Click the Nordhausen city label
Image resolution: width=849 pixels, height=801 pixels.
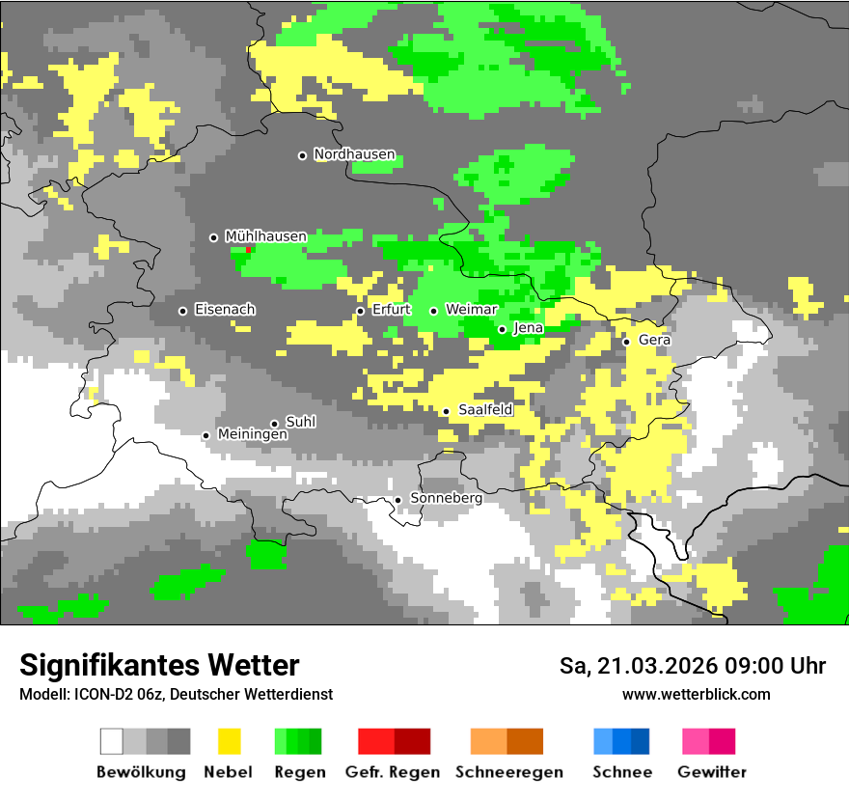click(x=354, y=154)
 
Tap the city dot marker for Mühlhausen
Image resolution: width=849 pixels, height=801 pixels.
click(x=214, y=237)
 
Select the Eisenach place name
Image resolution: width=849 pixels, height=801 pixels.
click(x=225, y=310)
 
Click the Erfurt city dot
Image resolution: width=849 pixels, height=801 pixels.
click(x=360, y=311)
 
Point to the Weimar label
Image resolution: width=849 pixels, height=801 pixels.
click(x=472, y=310)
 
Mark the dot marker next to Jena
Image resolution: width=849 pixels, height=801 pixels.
click(x=502, y=329)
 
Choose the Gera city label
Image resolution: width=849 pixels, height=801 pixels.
click(x=654, y=341)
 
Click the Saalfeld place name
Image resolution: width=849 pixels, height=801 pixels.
click(x=485, y=410)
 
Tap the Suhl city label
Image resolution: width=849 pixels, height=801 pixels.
click(x=301, y=423)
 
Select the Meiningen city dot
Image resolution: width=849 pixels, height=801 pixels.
click(x=205, y=435)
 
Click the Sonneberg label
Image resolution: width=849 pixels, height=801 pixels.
click(x=446, y=498)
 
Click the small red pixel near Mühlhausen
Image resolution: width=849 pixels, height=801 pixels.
click(x=248, y=249)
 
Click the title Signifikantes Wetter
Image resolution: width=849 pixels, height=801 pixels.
click(x=159, y=665)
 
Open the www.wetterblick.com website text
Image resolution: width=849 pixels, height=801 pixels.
click(x=696, y=694)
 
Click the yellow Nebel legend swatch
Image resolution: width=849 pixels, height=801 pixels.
click(x=229, y=741)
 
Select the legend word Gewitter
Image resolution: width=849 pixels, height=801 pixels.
click(x=711, y=772)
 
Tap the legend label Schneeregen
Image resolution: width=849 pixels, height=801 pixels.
click(x=509, y=772)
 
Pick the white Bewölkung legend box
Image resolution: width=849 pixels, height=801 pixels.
click(x=112, y=741)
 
